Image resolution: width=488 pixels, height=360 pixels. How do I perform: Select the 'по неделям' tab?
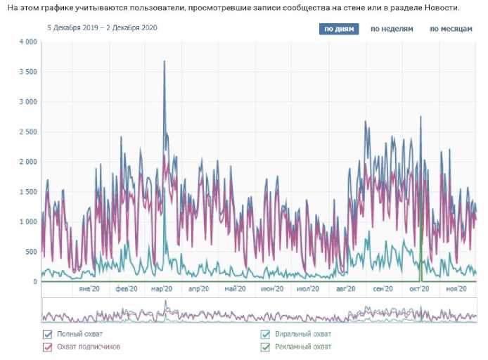point(392,29)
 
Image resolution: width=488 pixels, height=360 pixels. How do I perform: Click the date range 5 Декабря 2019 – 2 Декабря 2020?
point(102,28)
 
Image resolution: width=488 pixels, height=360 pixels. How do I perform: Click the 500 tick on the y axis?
point(30,252)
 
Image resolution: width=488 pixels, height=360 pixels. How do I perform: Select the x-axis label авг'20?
point(347,288)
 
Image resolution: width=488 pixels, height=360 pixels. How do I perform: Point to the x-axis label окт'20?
point(419,288)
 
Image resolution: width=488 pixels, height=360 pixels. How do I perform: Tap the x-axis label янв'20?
point(88,288)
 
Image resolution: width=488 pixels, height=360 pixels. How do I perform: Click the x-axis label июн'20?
point(271,288)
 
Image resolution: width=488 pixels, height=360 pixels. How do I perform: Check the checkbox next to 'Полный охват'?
point(48,335)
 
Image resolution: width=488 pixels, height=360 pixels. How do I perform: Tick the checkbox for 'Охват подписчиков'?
point(48,347)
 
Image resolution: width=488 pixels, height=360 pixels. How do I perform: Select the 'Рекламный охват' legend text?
point(303,347)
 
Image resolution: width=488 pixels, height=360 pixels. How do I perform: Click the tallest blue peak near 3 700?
point(165,62)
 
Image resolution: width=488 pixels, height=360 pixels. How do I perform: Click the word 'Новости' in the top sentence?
point(439,7)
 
